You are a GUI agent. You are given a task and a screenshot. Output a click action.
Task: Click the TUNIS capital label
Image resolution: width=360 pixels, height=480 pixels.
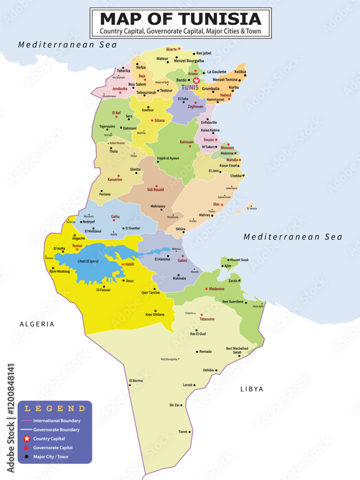190,87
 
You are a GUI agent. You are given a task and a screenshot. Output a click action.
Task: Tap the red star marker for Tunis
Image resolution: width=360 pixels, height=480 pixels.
196,81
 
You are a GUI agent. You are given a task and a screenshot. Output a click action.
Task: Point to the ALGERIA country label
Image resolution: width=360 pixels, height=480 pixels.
37,324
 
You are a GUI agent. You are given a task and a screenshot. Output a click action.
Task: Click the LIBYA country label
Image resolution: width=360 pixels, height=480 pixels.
252,389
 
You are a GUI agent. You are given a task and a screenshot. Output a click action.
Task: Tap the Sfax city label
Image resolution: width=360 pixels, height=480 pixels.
216,204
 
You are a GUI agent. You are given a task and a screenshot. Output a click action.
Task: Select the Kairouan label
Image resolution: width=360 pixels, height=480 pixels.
186,142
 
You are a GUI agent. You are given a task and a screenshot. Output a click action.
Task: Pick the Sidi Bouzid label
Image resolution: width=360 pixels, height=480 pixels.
155,190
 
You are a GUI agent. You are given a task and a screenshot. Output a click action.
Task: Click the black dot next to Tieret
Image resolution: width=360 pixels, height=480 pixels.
190,432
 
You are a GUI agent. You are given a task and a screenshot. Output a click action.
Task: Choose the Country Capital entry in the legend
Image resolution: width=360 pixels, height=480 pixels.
49,439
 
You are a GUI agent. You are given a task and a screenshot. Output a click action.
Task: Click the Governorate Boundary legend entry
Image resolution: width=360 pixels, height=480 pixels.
57,430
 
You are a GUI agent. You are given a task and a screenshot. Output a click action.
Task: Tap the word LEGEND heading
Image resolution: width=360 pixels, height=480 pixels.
55,408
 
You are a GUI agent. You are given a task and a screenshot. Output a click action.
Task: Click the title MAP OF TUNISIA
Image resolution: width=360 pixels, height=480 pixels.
180,19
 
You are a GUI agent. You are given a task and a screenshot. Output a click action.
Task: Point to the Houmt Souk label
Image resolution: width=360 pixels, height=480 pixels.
239,260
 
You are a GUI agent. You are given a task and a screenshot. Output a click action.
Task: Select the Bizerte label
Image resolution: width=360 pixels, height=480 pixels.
171,49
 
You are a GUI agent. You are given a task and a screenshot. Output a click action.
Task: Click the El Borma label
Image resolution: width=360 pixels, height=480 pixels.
136,381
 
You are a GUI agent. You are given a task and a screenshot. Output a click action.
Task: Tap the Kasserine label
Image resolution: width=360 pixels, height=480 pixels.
115,180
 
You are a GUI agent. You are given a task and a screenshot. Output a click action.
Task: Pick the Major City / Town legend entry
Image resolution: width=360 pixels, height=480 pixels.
51,456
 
